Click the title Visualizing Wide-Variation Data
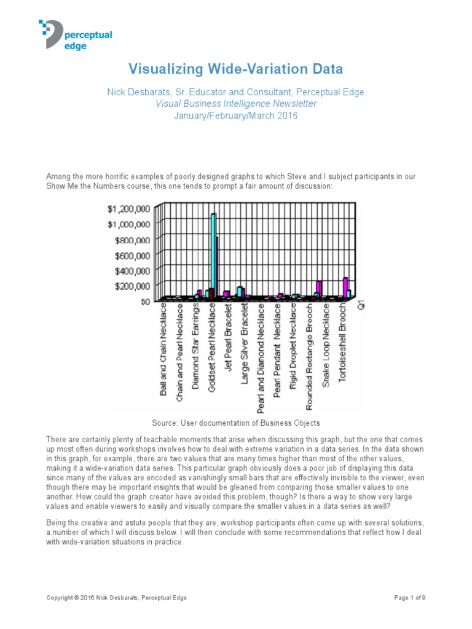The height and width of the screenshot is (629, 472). click(x=235, y=68)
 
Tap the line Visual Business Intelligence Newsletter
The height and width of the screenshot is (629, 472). click(x=236, y=104)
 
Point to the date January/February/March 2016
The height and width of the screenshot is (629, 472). click(x=236, y=115)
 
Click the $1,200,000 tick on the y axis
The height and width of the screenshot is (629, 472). click(x=128, y=208)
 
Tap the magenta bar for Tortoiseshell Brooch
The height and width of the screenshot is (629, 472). click(x=345, y=286)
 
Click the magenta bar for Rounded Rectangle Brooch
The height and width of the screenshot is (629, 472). click(x=319, y=289)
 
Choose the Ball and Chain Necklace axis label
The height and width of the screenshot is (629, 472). click(x=163, y=351)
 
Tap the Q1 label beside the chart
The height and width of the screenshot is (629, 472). click(x=361, y=305)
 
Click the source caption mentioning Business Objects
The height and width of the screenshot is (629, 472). click(x=235, y=423)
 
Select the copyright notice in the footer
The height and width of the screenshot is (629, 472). click(x=117, y=598)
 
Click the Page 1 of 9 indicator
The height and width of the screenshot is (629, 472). click(x=409, y=598)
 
